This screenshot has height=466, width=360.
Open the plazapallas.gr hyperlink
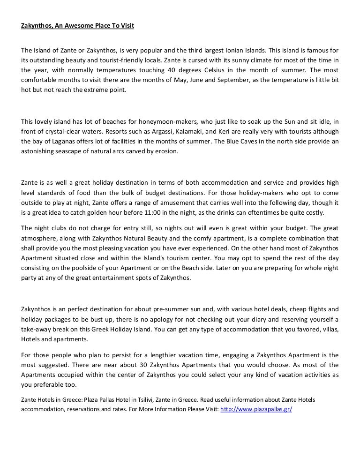[x=256, y=408]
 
